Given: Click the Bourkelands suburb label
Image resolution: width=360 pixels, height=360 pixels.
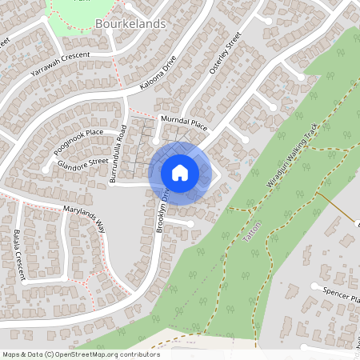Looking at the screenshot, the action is click(x=130, y=24).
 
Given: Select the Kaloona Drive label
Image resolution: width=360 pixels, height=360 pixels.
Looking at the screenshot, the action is click(x=158, y=71).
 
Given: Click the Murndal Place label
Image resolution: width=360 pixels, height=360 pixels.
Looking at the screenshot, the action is click(x=184, y=122).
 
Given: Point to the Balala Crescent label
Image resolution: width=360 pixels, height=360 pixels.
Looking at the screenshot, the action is click(x=18, y=249).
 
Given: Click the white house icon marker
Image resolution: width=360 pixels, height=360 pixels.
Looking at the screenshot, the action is click(x=179, y=173).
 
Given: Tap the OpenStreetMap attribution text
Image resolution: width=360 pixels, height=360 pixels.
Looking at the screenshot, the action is click(x=80, y=354).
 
